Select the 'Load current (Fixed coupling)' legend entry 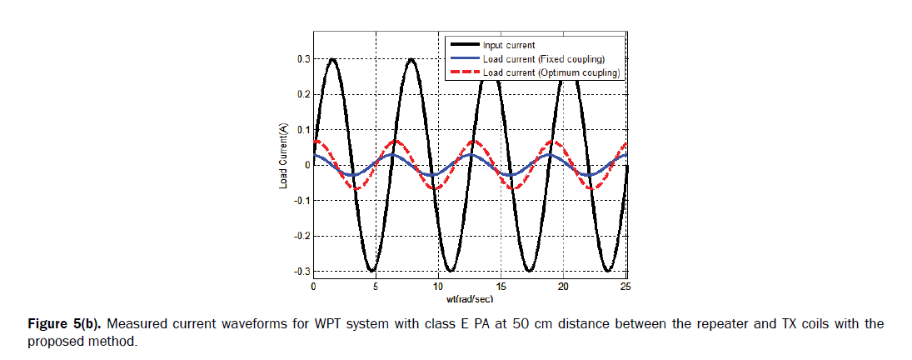coord(542,59)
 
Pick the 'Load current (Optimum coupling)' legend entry coord(551,72)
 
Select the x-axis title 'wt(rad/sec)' coord(469,297)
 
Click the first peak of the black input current coord(332,59)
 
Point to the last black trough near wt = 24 coord(608,270)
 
